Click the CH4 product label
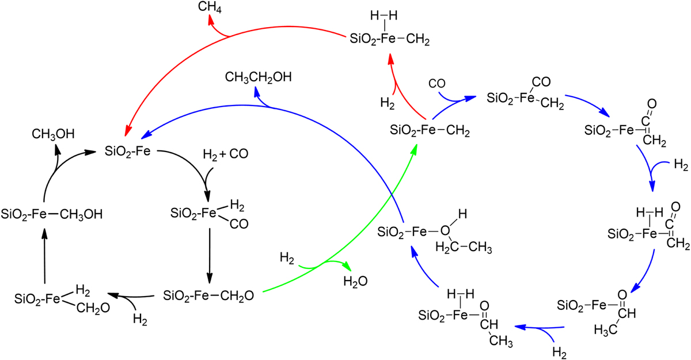[210, 7]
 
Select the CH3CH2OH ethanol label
[258, 77]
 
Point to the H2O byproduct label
[355, 282]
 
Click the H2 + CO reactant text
[226, 154]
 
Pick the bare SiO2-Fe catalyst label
[127, 151]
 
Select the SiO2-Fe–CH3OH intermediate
[51, 214]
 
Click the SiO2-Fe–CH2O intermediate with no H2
[208, 296]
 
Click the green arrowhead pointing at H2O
[347, 266]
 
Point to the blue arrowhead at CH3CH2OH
[257, 92]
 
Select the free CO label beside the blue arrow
[437, 84]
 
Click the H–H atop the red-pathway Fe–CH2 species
[384, 16]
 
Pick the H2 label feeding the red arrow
[387, 103]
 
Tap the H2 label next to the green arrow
[287, 258]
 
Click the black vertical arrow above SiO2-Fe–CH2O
[210, 256]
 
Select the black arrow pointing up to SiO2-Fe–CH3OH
[45, 256]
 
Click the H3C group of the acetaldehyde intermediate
[606, 331]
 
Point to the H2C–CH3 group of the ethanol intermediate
[464, 247]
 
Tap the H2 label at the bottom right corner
[559, 353]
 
